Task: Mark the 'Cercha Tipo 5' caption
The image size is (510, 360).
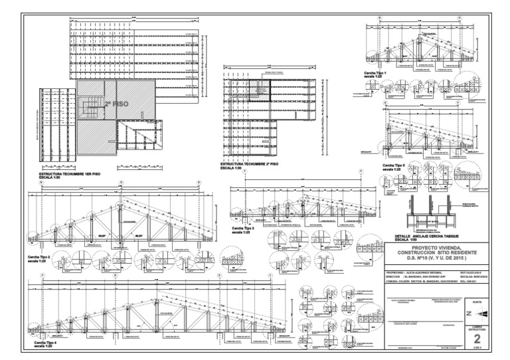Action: click(394, 167)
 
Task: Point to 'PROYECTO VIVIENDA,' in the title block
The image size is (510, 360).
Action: click(438, 247)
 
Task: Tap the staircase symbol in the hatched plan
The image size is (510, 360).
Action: click(88, 104)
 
